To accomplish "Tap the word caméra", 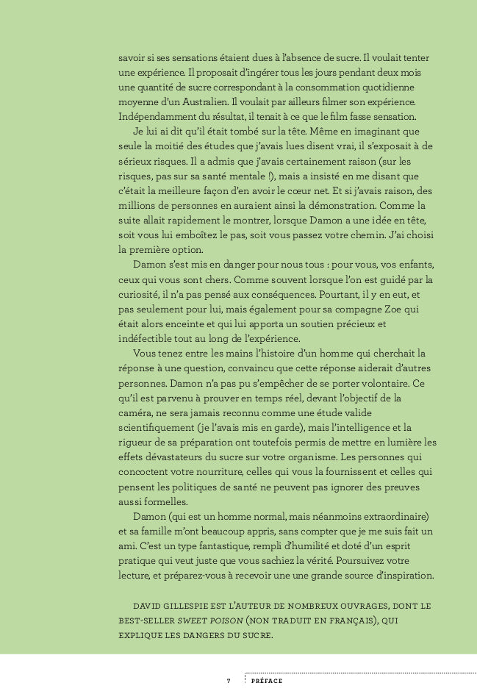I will click(136, 412).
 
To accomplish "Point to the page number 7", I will click(229, 682).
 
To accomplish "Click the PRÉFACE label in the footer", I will click(267, 682).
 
